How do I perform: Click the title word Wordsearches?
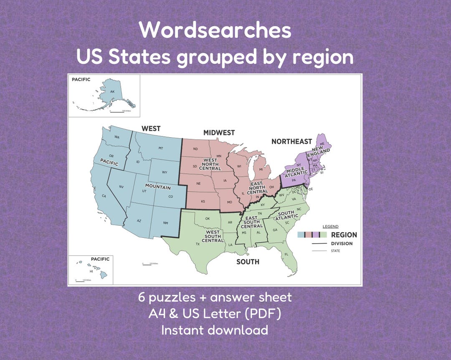pos(215,30)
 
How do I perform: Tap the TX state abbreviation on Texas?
pos(198,244)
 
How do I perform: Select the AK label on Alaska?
pos(112,91)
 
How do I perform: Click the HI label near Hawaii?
pos(91,271)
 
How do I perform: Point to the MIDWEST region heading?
pos(219,133)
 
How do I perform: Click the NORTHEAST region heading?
pos(291,141)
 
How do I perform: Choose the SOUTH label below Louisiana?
pos(248,262)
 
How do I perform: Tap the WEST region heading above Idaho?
pos(151,128)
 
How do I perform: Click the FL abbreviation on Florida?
pos(286,254)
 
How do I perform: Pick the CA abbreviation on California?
pos(104,196)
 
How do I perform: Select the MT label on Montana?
pos(160,148)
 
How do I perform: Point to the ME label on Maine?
pos(322,144)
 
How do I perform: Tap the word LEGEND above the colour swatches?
pos(330,227)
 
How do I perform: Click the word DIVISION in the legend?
pos(341,244)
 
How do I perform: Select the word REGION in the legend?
pos(344,235)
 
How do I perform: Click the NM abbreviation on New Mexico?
pos(166,223)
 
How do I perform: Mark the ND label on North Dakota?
pos(195,149)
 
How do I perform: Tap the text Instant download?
pos(215,330)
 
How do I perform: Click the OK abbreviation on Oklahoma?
pos(208,219)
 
